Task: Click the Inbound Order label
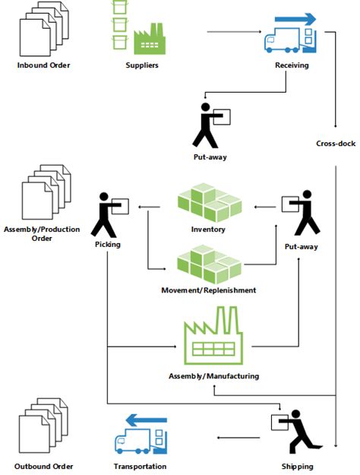coord(43,65)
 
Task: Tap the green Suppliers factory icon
coord(150,40)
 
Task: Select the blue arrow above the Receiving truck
coord(295,20)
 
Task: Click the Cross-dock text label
coord(336,144)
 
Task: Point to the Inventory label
coord(208,230)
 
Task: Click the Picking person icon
coord(109,215)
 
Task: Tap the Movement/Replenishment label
coord(209,290)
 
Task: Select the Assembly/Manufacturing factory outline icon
coord(213,335)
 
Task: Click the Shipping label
coord(297,467)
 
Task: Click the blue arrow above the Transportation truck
coord(147,420)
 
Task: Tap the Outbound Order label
coord(43,466)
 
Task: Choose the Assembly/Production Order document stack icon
coord(46,192)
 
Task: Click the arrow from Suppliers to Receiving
coord(234,31)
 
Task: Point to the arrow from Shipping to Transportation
coord(238,438)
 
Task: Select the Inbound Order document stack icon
coord(44,29)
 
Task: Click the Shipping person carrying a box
coord(297,432)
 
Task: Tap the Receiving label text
coord(292,65)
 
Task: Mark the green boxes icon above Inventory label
coord(210,202)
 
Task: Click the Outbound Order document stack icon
coord(43,426)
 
